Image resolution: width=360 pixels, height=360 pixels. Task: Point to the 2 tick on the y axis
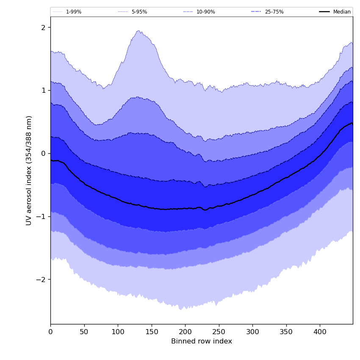[x=43, y=28]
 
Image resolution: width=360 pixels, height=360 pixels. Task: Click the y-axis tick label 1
[x=43, y=90]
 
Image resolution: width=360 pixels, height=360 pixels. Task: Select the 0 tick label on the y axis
[x=43, y=153]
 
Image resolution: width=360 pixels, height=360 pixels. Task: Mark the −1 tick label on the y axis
[x=41, y=216]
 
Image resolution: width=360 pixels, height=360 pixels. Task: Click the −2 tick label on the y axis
[x=41, y=280]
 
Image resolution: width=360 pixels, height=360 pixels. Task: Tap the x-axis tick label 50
[x=84, y=332]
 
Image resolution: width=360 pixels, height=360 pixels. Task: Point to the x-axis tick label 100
[x=118, y=332]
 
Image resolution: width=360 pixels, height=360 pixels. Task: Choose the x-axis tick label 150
[x=152, y=332]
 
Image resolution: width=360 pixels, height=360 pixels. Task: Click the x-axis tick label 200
[x=185, y=332]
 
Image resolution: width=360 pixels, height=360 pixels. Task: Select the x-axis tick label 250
[x=219, y=332]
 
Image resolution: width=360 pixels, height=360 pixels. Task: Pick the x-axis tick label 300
[x=252, y=332]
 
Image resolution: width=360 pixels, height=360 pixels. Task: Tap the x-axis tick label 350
[x=286, y=332]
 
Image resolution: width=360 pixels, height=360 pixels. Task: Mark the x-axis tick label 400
[x=320, y=332]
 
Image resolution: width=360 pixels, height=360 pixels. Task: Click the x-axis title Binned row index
[x=202, y=341]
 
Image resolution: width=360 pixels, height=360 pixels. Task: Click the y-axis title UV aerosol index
[x=29, y=170]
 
